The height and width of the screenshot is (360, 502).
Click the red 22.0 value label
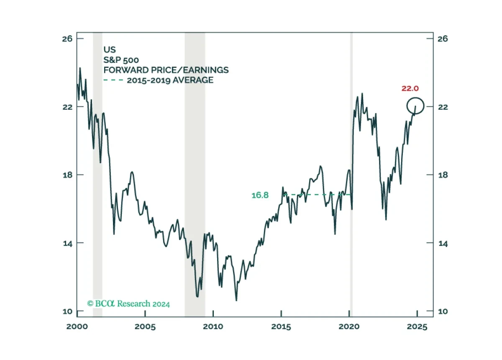[410, 88]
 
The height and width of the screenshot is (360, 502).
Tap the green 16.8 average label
[260, 195]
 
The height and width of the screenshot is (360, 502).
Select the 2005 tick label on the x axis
[145, 327]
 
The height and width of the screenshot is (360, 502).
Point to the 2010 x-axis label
[213, 327]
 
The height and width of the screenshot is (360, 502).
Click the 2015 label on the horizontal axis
[281, 327]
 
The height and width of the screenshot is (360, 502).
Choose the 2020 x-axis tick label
[349, 327]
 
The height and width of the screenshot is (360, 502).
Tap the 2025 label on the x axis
[417, 327]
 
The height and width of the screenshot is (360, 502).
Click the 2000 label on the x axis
[77, 327]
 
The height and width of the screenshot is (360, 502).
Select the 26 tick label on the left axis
[67, 39]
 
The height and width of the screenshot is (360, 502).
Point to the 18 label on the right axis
[443, 175]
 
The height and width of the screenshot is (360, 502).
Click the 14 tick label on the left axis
[68, 243]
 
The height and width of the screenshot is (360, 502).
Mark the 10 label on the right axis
[443, 311]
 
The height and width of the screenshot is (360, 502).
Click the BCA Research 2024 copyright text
[128, 304]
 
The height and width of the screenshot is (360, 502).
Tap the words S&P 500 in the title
[121, 60]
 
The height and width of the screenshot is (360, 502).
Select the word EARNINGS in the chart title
[206, 70]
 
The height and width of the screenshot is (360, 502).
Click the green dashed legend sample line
[113, 80]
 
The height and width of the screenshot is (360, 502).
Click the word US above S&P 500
[110, 49]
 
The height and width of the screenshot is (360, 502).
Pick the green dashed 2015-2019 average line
[318, 195]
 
